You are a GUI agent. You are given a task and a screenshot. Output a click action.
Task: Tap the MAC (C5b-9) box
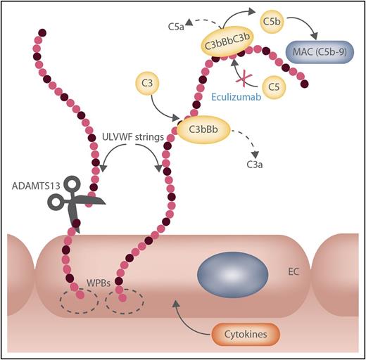coord(318,53)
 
